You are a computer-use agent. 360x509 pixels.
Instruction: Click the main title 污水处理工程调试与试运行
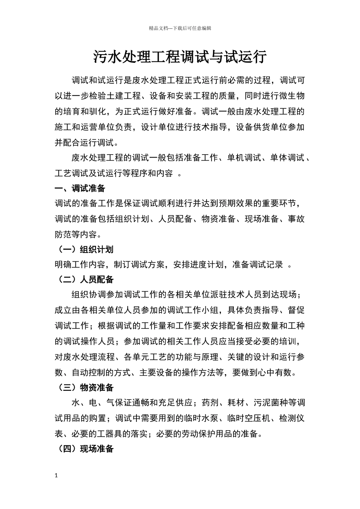[x=180, y=58]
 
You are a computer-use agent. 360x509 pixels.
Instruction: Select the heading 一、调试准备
[x=80, y=188]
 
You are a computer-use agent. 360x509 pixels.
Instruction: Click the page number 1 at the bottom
[x=56, y=476]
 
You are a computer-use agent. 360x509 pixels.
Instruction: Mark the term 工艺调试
[x=71, y=173]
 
